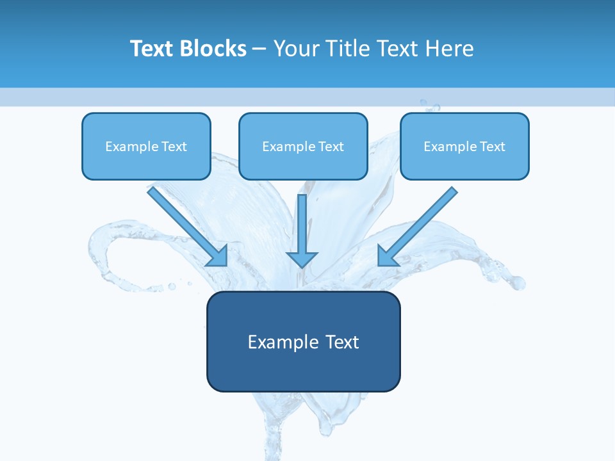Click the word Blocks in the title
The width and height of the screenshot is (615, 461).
pos(213,49)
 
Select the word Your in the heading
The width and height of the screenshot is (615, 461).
pos(295,49)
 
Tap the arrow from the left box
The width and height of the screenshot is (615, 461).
pos(185,224)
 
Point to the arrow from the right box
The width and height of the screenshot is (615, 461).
pos(420,224)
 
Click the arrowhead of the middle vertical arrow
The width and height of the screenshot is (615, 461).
pos(302,259)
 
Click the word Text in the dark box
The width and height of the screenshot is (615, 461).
pos(343,342)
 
